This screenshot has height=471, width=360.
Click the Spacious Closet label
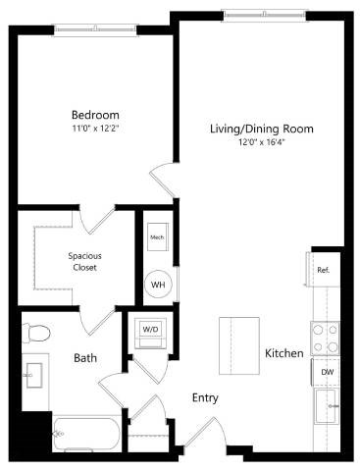tap(84, 262)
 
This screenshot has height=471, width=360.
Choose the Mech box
tap(156, 237)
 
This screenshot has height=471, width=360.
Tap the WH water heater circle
tap(156, 286)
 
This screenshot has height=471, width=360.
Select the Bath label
tap(85, 358)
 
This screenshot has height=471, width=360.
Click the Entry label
tap(204, 397)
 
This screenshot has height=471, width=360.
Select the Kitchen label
tap(283, 352)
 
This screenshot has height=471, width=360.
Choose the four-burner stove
tap(325, 339)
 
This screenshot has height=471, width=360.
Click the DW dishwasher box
tap(325, 374)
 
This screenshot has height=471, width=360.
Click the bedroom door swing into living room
tap(163, 182)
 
